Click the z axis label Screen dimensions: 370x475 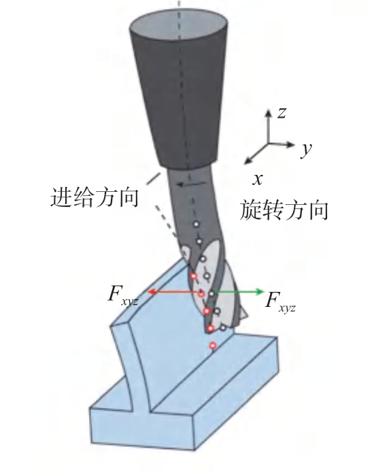click(x=282, y=113)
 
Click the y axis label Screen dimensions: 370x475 click(x=307, y=149)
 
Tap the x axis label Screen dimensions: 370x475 click(x=257, y=180)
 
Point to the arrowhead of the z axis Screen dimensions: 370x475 click(x=268, y=112)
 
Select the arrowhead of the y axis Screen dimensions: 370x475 click(x=290, y=144)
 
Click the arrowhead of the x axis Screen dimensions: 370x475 click(x=248, y=161)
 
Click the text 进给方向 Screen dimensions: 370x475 click(x=95, y=197)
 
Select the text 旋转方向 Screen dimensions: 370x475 click(x=284, y=210)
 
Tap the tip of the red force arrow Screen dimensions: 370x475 click(x=148, y=292)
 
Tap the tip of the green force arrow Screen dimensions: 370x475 click(x=264, y=292)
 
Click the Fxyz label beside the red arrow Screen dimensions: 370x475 click(x=123, y=295)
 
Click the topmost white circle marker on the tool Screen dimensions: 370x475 click(x=197, y=224)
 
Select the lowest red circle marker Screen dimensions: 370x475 click(x=213, y=345)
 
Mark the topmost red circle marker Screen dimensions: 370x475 click(x=194, y=276)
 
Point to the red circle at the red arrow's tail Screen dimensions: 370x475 click(x=201, y=293)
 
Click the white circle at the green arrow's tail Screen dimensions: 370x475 click(x=212, y=293)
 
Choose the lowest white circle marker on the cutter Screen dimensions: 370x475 click(x=223, y=327)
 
